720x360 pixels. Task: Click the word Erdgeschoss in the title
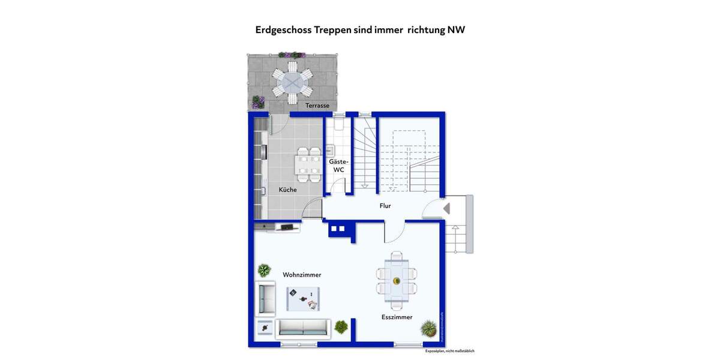click(x=283, y=30)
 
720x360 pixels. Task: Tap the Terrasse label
click(x=317, y=106)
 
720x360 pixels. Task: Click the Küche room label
click(x=287, y=190)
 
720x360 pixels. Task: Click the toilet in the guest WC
click(x=338, y=124)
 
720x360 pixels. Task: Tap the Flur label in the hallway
click(x=385, y=206)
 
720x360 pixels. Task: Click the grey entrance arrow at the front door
click(x=446, y=208)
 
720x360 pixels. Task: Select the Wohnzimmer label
click(x=302, y=275)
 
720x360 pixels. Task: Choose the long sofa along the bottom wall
click(x=302, y=328)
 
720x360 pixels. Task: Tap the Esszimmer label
click(x=397, y=317)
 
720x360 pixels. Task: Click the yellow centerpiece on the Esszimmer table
click(x=396, y=281)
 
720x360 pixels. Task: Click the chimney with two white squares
click(x=338, y=228)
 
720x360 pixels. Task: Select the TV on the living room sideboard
click(x=287, y=227)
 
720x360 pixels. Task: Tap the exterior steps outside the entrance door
click(x=458, y=237)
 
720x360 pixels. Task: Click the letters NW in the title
click(x=456, y=30)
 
